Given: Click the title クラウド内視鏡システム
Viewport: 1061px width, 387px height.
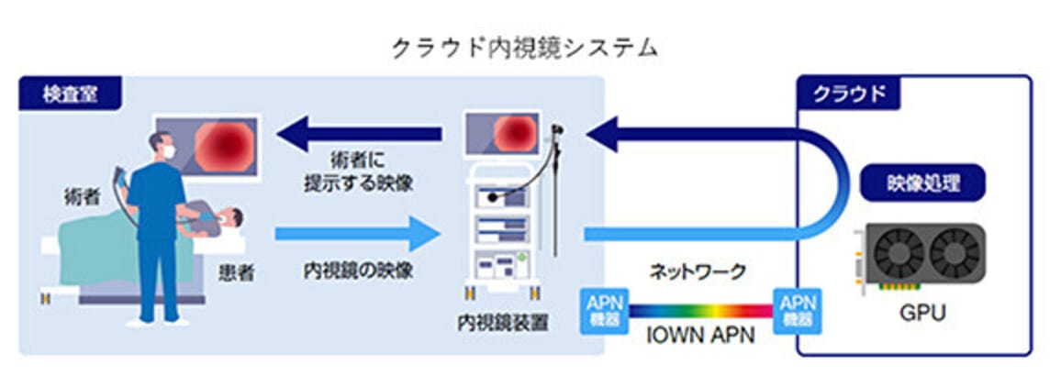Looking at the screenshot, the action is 524,49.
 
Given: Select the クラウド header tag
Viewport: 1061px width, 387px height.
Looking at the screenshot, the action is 849,94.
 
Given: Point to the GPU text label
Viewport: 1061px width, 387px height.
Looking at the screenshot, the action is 921,313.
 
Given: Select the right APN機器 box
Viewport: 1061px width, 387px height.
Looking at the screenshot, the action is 798,311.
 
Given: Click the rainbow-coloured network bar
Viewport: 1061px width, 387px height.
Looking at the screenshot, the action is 701,311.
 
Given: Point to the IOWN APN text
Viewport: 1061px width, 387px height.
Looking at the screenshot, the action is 700,337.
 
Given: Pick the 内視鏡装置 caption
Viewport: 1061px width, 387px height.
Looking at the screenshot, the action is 502,323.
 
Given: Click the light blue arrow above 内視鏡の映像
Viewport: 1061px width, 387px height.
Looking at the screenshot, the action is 357,235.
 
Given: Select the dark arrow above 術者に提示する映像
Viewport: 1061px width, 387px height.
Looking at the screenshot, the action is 359,133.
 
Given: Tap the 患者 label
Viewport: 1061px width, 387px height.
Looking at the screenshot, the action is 237,272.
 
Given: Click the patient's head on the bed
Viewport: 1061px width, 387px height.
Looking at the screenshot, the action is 233,218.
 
